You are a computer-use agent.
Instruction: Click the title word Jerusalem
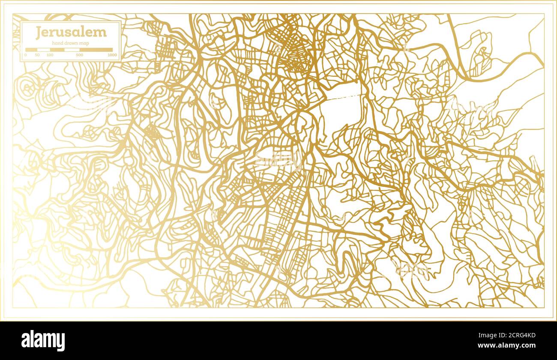point(71,32)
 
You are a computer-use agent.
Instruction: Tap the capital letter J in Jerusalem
point(39,32)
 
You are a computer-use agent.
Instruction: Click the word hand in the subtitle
point(57,43)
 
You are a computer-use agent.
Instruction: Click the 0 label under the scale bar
point(25,55)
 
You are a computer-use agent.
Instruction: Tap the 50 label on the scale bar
point(37,55)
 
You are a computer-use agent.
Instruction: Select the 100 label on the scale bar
point(50,55)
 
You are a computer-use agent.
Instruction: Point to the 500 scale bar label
point(79,55)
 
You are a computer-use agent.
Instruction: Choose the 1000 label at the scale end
point(112,55)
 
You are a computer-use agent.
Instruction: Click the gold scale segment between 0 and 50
point(31,50)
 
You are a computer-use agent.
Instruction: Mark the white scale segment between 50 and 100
point(44,50)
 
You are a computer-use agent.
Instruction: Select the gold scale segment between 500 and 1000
point(96,50)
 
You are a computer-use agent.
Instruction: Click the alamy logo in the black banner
point(43,341)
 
